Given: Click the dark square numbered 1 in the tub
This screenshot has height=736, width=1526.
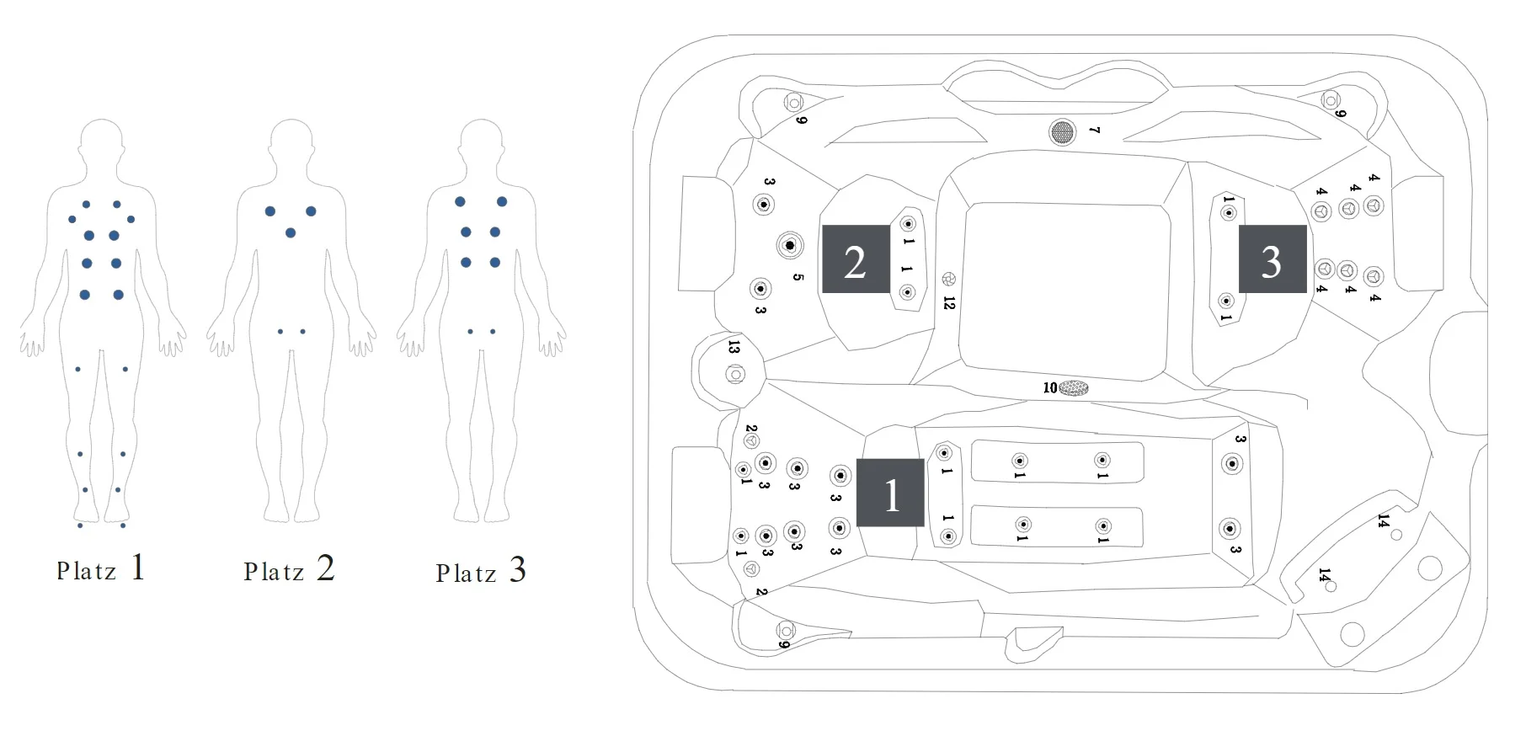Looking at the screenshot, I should (x=890, y=493).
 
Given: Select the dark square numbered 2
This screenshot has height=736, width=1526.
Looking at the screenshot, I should (x=856, y=259).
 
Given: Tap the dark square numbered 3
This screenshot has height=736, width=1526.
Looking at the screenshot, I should (x=1272, y=259).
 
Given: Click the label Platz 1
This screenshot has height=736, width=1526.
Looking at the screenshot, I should (x=101, y=569).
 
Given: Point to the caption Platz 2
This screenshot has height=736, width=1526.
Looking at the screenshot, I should (x=289, y=570).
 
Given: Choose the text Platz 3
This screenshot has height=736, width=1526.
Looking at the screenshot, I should (x=481, y=572).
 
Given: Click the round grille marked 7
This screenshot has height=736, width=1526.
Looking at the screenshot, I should (x=1062, y=131).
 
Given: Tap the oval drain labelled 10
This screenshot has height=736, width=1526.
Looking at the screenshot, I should (x=1074, y=388).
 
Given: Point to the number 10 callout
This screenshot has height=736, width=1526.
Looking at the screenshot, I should (x=1049, y=388).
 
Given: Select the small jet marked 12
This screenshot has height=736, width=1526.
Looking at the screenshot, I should (x=949, y=279).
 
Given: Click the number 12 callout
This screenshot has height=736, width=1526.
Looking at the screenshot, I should (x=950, y=302).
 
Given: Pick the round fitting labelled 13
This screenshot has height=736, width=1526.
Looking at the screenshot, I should (x=734, y=374).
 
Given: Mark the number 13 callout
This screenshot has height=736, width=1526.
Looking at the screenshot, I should (x=734, y=347).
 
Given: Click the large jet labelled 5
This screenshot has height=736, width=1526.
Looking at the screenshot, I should (x=790, y=246).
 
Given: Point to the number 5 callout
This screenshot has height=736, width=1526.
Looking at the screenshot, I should (x=798, y=277).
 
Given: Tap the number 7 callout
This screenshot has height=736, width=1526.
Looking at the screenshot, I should (x=1094, y=131).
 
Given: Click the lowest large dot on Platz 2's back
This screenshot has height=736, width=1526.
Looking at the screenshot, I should (x=291, y=232).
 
